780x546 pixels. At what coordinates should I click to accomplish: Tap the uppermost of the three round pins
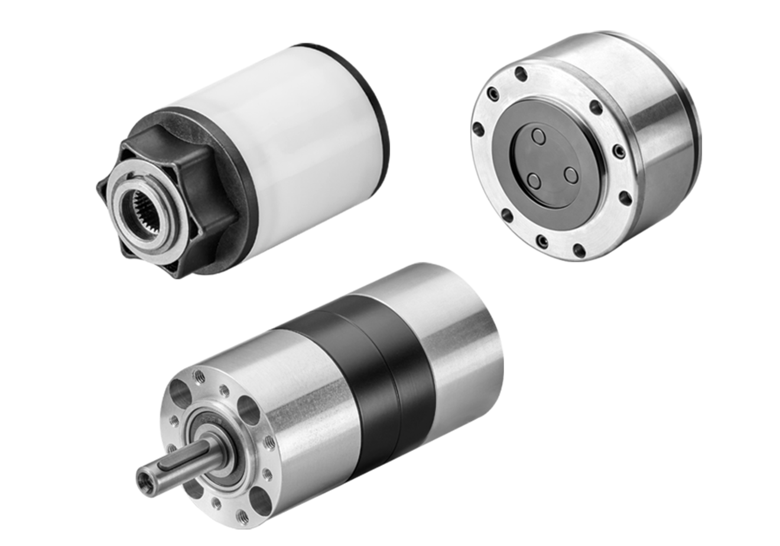coord(538,136)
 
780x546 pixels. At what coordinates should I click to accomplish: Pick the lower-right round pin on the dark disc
coord(570,174)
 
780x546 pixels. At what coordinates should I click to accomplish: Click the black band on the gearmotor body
coord(378,378)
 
